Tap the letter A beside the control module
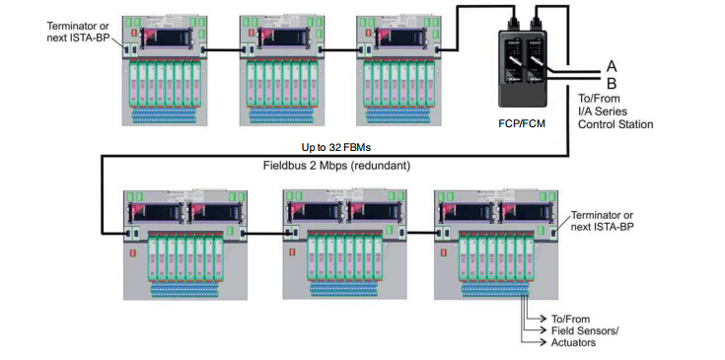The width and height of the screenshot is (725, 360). coord(612,67)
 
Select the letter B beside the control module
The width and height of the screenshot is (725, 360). coord(612,84)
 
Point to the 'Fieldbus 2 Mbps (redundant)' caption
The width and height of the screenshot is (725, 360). coord(336,166)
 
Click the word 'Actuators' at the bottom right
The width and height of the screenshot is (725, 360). coord(573,342)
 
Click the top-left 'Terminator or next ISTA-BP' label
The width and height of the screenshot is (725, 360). coord(78,33)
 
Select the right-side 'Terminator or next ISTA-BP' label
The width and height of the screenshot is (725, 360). coord(602,221)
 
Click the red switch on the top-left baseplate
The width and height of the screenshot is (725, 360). coord(134,34)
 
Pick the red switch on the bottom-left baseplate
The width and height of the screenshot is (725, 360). coord(135,252)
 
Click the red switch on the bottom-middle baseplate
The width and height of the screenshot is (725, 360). coord(292,252)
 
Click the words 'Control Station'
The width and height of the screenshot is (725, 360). coord(616,124)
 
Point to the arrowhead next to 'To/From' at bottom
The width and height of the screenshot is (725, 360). coord(544,319)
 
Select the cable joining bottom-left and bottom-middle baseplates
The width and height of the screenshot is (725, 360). coord(266,233)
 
